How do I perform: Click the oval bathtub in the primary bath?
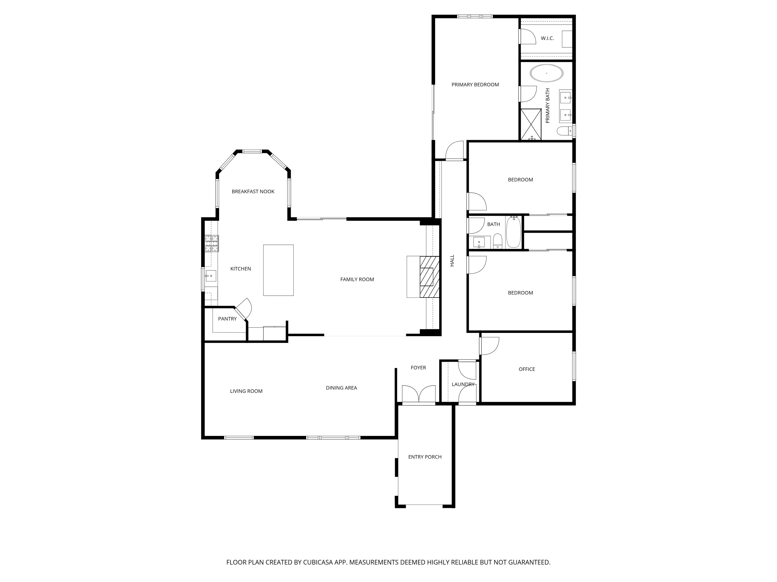(x=546, y=73)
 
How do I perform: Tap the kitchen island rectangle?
(x=278, y=270)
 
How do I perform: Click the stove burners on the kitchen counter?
(x=212, y=243)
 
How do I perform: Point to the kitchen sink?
(x=211, y=276)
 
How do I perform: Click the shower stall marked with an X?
(x=531, y=124)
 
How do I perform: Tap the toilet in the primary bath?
(x=563, y=131)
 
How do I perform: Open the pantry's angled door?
(x=243, y=309)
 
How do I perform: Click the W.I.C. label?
(x=547, y=38)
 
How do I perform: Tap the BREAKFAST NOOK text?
(x=253, y=192)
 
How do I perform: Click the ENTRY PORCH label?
(x=425, y=457)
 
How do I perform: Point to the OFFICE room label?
(x=527, y=369)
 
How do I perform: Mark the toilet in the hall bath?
(x=497, y=242)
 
